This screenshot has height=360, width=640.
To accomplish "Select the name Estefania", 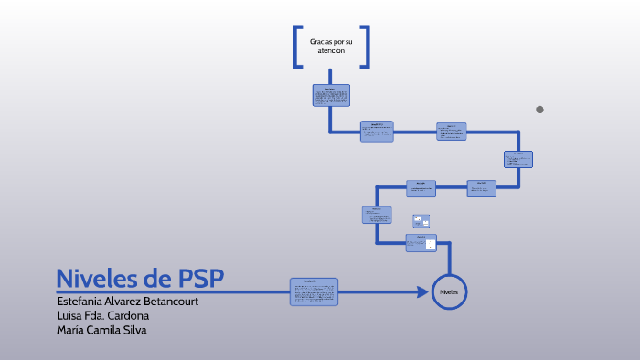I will pos(84,301).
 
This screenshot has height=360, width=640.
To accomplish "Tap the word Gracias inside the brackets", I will pos(324,42).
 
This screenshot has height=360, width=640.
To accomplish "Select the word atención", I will pos(331,51).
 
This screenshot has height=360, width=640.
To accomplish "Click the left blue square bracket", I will pos(297,46).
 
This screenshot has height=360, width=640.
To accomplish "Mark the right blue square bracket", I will pos(366,46).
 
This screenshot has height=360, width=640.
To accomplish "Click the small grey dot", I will pos(539,110).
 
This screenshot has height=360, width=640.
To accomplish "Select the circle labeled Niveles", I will pos(449,291).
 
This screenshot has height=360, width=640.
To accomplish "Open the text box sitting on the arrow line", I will pos(314,291).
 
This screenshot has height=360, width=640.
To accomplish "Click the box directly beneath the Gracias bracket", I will pos(330,96).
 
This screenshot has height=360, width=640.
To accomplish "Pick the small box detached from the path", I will pos(421,220).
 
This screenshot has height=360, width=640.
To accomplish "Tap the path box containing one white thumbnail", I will pos(421,242).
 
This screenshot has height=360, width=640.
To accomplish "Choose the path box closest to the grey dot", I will pos(517,159).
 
